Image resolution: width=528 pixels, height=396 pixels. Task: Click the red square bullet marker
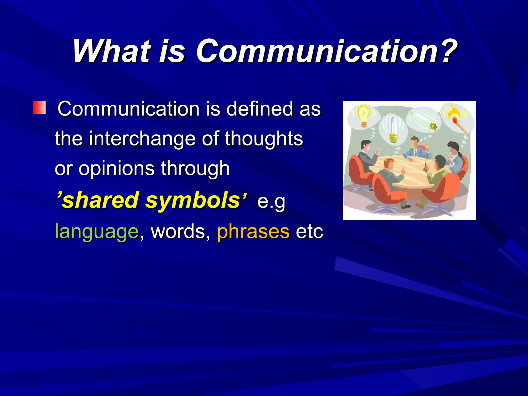39,108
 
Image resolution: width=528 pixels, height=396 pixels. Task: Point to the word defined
260,109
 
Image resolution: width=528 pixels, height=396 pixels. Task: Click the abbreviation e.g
271,202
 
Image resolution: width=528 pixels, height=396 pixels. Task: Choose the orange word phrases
253,232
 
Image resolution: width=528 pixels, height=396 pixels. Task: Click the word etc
309,232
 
